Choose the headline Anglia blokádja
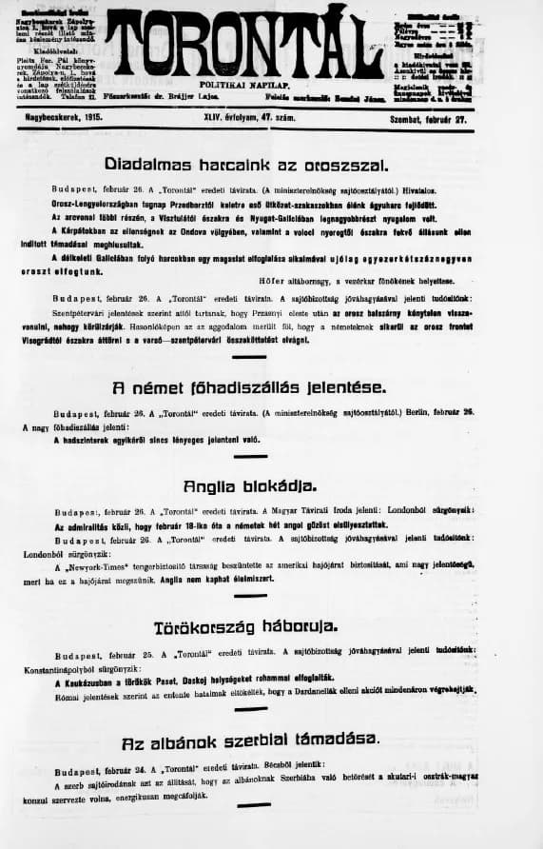tap(263, 485)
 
